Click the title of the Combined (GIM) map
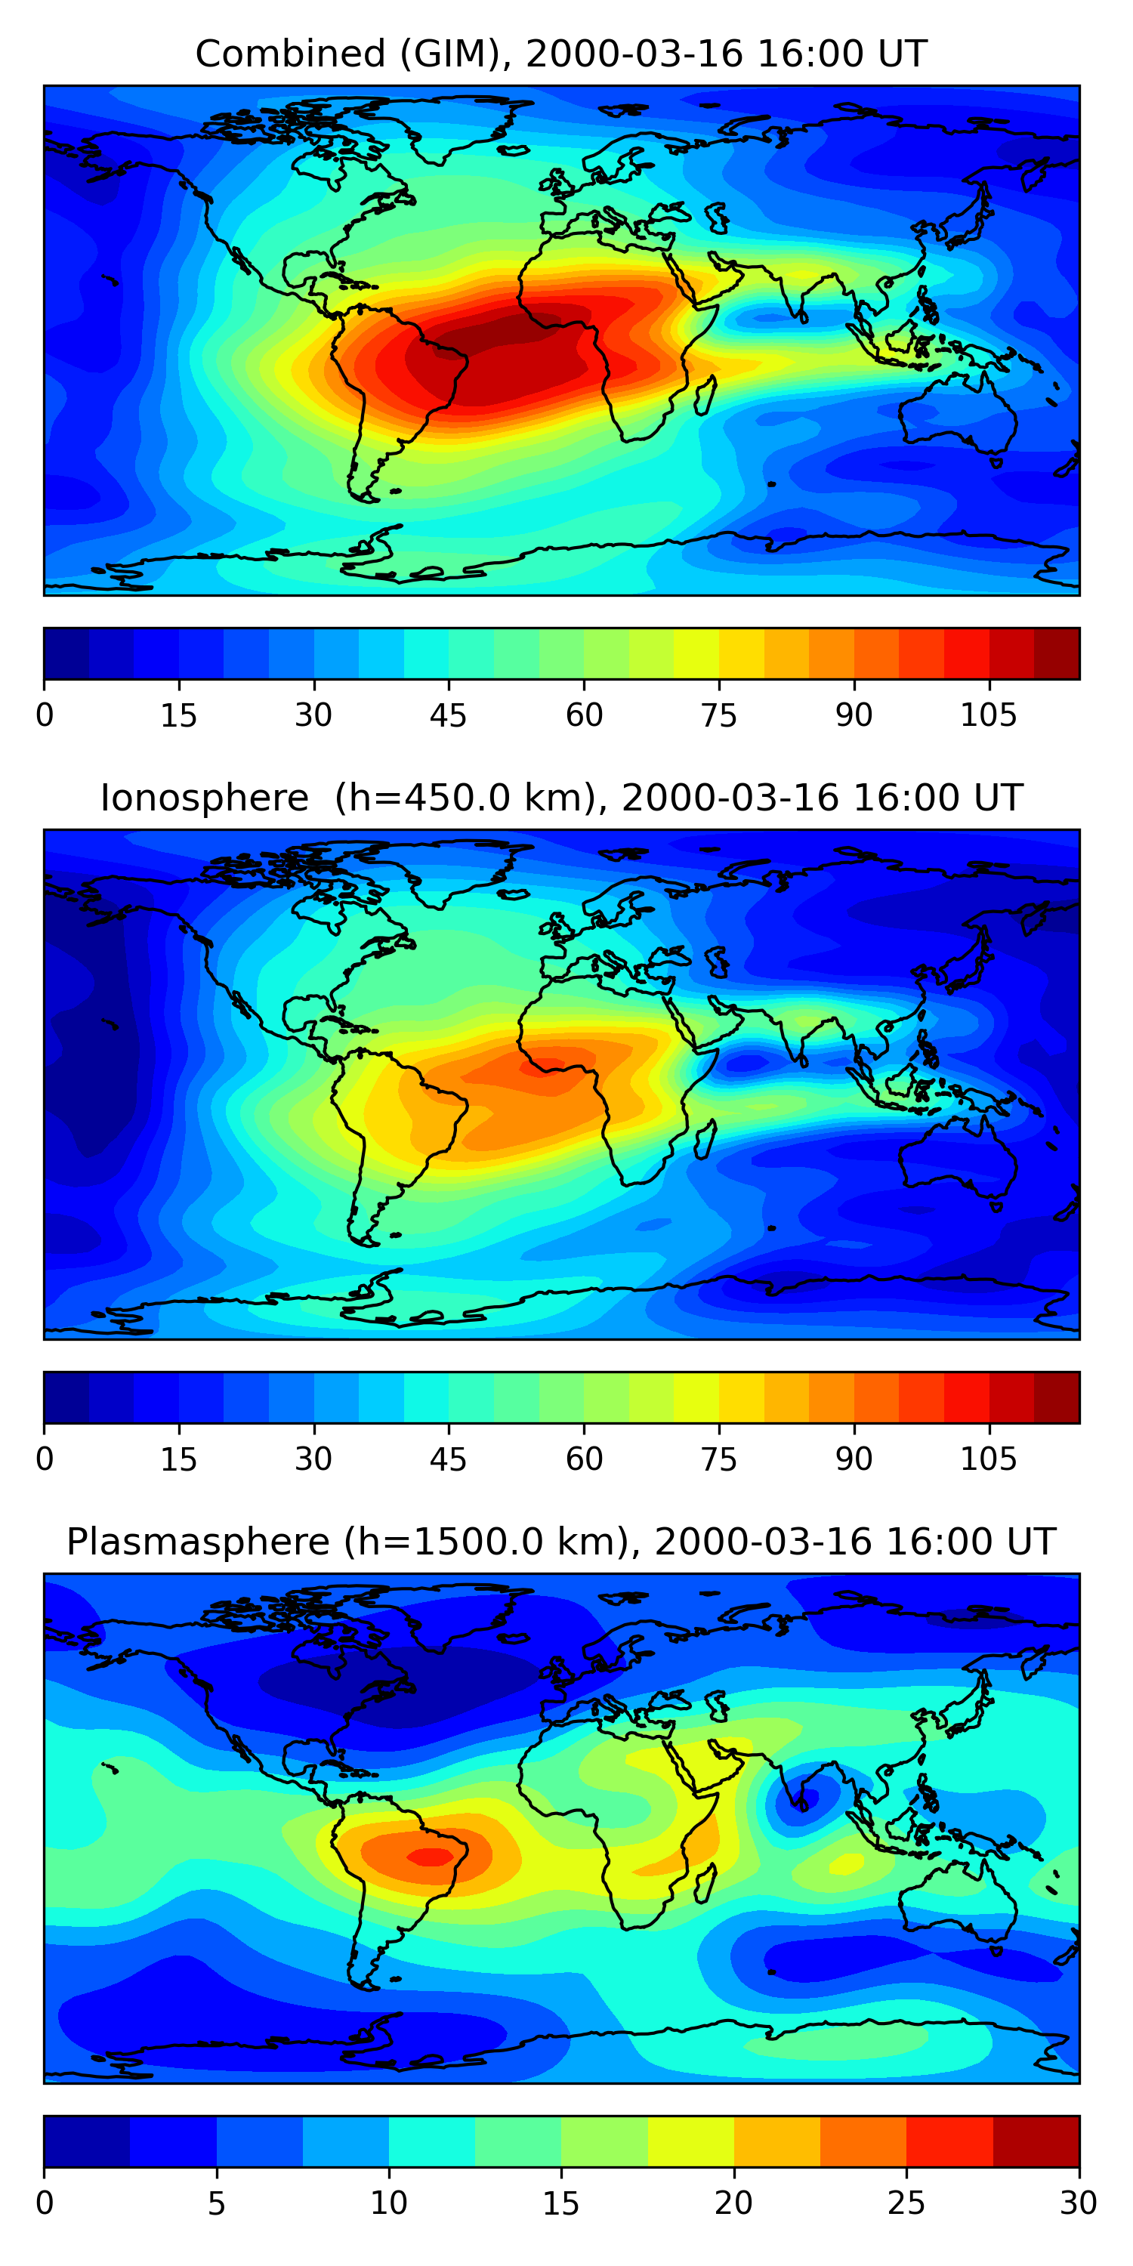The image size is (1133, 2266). tap(560, 54)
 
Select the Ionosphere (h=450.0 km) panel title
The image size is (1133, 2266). tap(560, 798)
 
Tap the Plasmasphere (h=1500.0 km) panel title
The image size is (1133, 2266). tap(560, 1542)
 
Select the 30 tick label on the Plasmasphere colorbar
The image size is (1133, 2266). tap(1079, 2203)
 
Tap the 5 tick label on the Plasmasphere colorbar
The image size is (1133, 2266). tap(216, 2203)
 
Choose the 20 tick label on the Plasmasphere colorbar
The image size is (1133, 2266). tap(733, 2203)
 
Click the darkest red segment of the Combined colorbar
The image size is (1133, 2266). tap(1057, 653)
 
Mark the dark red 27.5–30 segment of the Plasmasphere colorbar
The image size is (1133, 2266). tap(1036, 2141)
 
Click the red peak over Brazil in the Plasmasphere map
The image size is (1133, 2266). tap(430, 1857)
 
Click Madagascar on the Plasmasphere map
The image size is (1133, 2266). tap(705, 1883)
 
